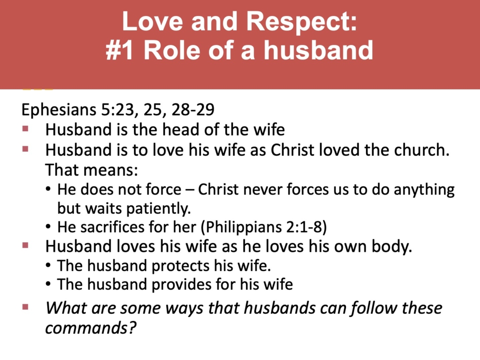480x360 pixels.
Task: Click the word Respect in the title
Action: pyautogui.click(x=294, y=23)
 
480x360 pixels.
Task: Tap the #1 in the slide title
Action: pyautogui.click(x=120, y=50)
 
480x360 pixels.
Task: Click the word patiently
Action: pyautogui.click(x=162, y=207)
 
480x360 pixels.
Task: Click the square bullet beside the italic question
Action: pyautogui.click(x=26, y=307)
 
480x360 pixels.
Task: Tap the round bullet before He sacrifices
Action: pyautogui.click(x=49, y=227)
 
